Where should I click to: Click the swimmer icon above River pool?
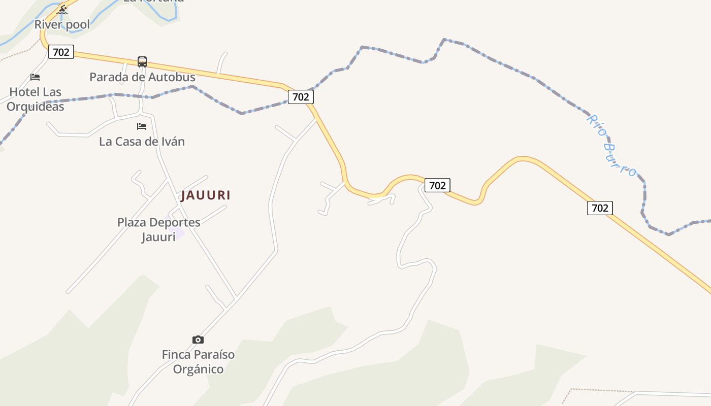[x=62, y=9]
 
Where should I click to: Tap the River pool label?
[x=62, y=24]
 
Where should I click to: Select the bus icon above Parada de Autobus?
[x=142, y=62]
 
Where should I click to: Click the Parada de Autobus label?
[x=142, y=77]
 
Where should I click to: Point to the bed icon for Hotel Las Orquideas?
[x=35, y=77]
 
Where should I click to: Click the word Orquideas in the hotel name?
[x=36, y=107]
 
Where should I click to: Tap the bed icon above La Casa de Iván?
[x=142, y=126]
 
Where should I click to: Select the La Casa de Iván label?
[x=142, y=142]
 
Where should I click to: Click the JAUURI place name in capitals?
[x=206, y=195]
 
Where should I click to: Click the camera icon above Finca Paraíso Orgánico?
[x=198, y=340]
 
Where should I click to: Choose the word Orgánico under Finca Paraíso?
[x=198, y=369]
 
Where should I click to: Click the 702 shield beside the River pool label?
[x=61, y=52]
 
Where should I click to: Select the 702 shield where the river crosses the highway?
[x=301, y=97]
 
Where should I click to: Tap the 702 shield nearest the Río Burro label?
[x=600, y=208]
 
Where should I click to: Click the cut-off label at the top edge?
[x=153, y=2]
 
